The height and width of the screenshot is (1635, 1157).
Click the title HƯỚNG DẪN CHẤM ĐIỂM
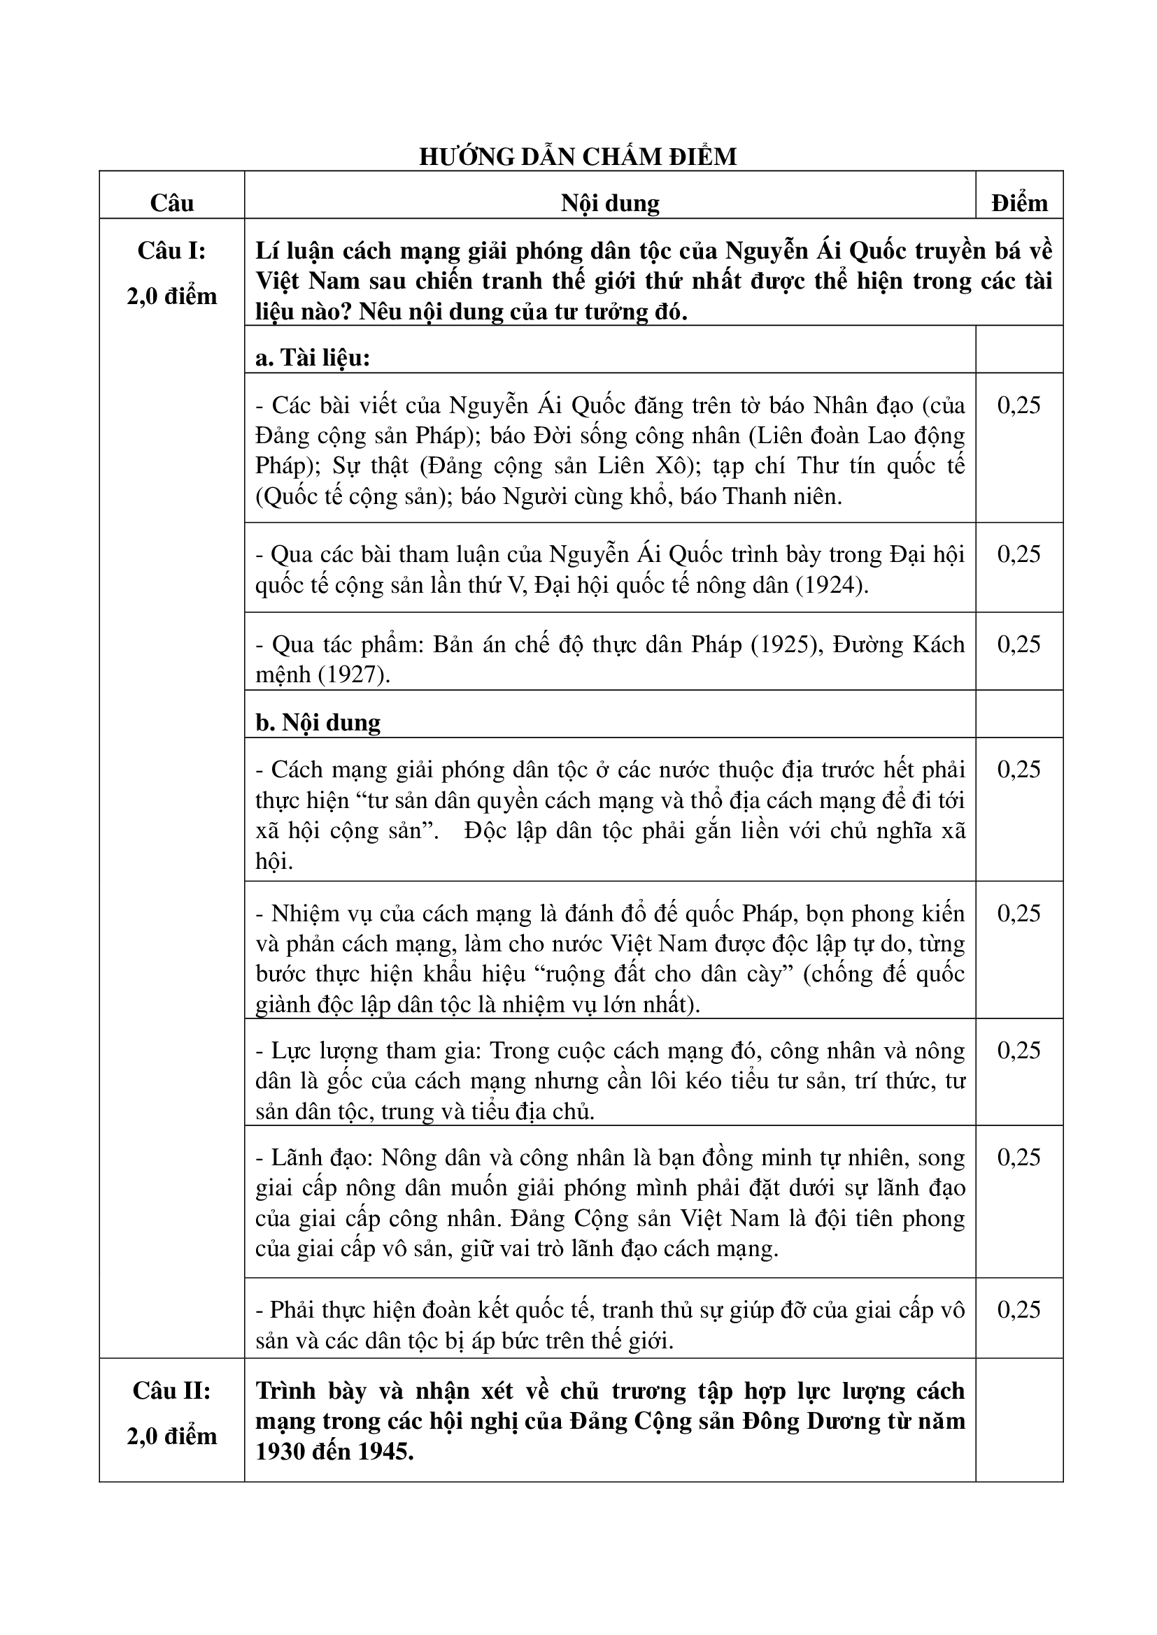pos(578,157)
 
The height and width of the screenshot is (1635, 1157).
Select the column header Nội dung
pos(610,203)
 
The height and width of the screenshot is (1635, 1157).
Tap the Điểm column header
pos(1018,203)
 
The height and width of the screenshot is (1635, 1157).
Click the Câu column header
pos(171,203)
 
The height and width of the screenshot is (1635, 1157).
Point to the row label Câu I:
pos(171,251)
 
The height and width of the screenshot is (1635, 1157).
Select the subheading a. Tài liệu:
pos(313,357)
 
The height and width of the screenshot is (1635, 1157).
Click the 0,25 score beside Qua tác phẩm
pos(1018,644)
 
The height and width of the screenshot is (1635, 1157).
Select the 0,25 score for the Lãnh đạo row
pos(1018,1157)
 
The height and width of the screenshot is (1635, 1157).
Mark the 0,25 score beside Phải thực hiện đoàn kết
pos(1018,1309)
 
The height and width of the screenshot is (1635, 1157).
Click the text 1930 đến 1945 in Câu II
pos(334,1451)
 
